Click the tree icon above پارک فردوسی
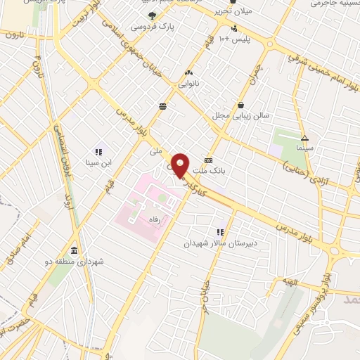152,15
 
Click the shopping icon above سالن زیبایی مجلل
242,104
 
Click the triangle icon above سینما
304,138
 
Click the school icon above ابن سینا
98,151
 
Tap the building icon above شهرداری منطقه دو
74,250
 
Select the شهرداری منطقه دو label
83,262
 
